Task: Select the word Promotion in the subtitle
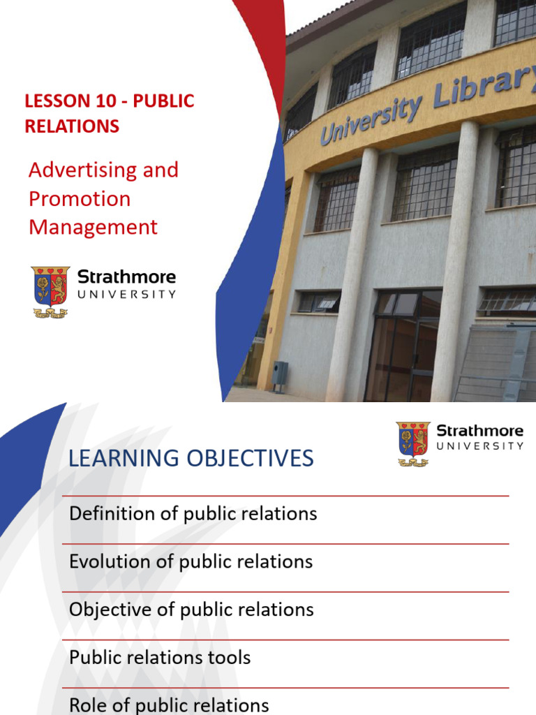[80, 199]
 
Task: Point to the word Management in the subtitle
[93, 228]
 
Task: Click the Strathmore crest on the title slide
[50, 290]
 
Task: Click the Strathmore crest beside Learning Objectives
[413, 443]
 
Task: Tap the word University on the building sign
[371, 119]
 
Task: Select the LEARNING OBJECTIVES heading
[191, 459]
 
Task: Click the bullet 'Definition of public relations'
[193, 514]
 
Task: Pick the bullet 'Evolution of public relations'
[191, 561]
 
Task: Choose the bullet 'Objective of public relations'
[191, 610]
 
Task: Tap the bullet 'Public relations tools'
[160, 657]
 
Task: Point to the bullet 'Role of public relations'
[169, 705]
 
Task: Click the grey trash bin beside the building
[280, 376]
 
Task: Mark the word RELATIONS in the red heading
[72, 126]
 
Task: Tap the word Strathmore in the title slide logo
[126, 277]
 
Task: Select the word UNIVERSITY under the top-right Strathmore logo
[480, 445]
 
